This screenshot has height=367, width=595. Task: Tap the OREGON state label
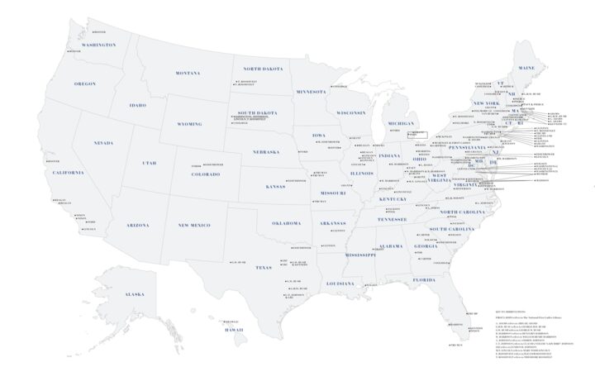point(85,83)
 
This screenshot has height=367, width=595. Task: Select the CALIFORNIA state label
point(67,172)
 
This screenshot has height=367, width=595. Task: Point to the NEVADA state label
point(103,143)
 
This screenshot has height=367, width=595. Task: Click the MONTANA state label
point(188,73)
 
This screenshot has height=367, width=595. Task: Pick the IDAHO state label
point(137,105)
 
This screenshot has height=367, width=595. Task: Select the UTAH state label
point(149,163)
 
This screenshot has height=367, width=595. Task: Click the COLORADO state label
point(206,174)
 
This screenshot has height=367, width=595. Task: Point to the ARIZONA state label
point(137,225)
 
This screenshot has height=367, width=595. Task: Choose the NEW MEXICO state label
point(194,225)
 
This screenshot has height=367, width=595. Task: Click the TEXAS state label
point(264,267)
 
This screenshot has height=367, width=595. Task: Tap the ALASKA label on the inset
point(134,294)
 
